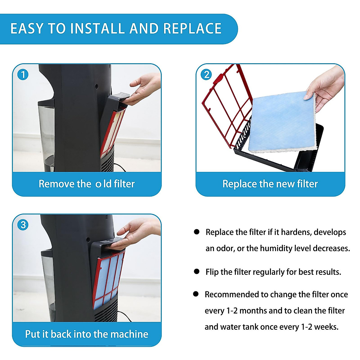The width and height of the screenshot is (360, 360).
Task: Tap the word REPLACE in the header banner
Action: (x=192, y=28)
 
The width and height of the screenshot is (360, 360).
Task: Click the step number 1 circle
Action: (x=23, y=75)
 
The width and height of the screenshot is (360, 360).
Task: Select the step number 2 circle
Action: (x=206, y=75)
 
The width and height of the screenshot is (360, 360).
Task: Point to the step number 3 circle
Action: (x=23, y=225)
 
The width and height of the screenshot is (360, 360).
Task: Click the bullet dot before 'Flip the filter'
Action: (x=196, y=271)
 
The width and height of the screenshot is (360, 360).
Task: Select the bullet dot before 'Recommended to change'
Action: (x=196, y=294)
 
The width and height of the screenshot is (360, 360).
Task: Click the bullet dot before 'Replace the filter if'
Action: (x=196, y=232)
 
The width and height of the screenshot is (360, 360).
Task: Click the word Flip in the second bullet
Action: (x=212, y=272)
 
